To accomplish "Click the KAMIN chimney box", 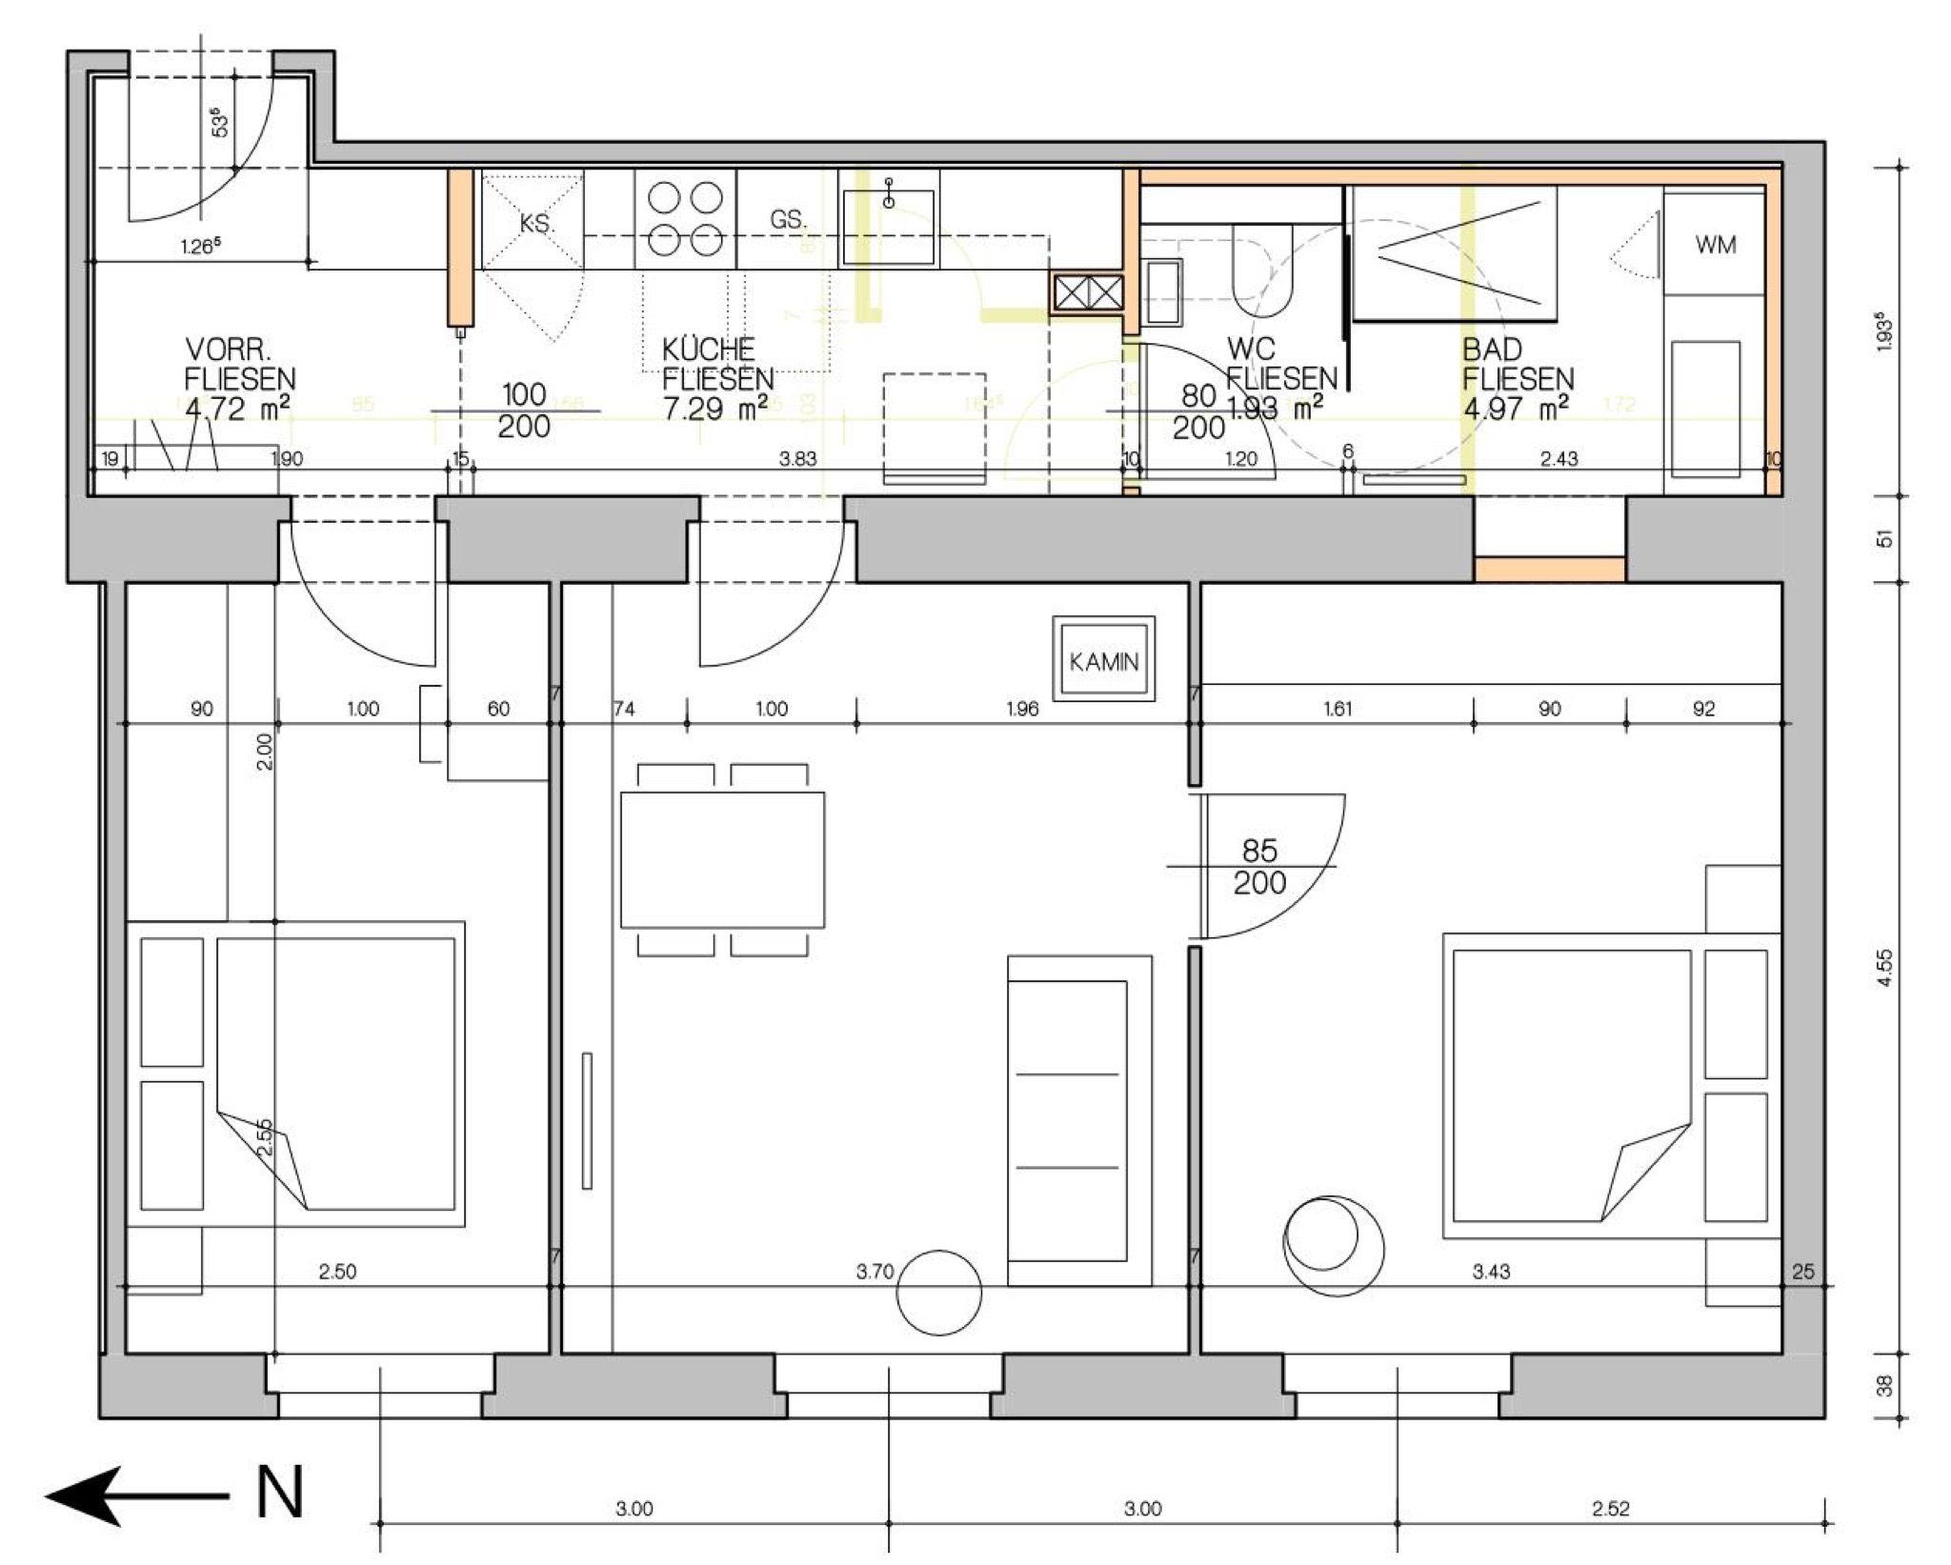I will click(1103, 660).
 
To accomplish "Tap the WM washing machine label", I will click(1715, 245).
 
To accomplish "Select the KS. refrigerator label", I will click(536, 224).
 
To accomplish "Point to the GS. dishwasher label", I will click(788, 220).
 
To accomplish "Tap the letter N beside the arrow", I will click(279, 1493).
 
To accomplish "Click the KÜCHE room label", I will click(709, 349).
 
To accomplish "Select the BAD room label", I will click(1492, 349).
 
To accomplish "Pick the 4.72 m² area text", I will click(238, 409).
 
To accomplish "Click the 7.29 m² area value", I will click(716, 409).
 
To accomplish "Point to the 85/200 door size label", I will click(1259, 866).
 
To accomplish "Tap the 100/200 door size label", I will click(523, 411).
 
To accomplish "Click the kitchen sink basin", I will click(888, 228).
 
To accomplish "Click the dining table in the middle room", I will click(722, 859).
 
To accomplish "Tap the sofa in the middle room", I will click(1079, 1121).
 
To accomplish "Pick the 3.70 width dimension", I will click(875, 1271).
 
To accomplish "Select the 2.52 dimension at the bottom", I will click(1610, 1509).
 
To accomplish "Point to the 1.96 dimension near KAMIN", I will click(1022, 709).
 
